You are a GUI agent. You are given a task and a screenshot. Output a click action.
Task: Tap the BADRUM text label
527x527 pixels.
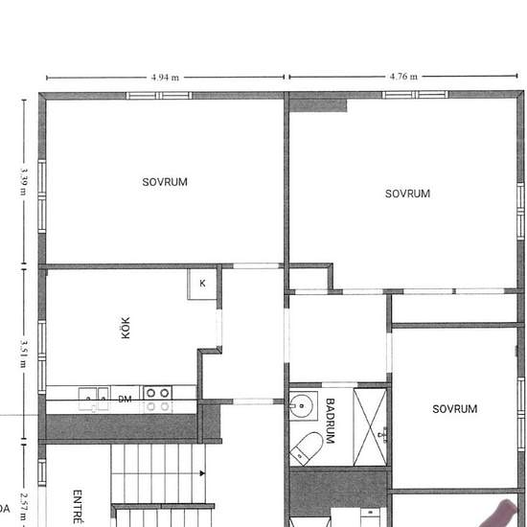pyautogui.click(x=330, y=420)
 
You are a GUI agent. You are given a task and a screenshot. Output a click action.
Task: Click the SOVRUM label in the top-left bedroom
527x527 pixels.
pyautogui.click(x=165, y=182)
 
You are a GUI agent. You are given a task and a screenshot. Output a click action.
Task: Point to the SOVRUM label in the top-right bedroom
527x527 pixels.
pyautogui.click(x=407, y=194)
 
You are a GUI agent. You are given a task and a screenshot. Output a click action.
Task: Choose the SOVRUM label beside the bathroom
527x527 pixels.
pyautogui.click(x=454, y=409)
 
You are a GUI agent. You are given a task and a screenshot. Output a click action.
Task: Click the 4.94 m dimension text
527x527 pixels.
pyautogui.click(x=166, y=78)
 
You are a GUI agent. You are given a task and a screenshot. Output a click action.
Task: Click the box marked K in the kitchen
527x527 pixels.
pyautogui.click(x=203, y=284)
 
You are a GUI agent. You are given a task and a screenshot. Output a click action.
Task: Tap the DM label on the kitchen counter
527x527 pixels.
pyautogui.click(x=125, y=400)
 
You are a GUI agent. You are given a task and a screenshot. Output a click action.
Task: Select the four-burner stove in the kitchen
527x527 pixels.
pyautogui.click(x=157, y=399)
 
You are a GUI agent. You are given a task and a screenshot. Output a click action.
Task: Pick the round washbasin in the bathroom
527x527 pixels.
pyautogui.click(x=303, y=406)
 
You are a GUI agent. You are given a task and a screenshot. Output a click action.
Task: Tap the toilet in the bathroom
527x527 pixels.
pyautogui.click(x=308, y=447)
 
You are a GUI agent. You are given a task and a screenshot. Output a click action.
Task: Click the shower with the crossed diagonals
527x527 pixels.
pyautogui.click(x=372, y=426)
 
